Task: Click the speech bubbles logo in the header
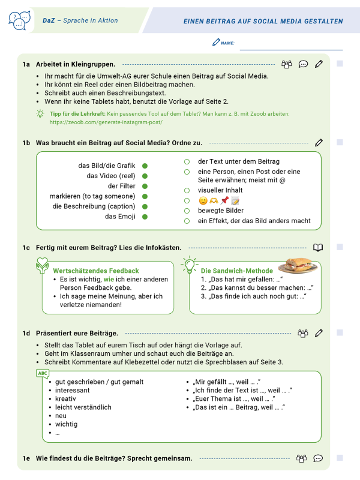tap(19, 20)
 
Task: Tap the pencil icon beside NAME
tap(216, 43)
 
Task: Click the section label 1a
tap(26, 64)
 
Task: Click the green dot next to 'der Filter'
tap(145, 186)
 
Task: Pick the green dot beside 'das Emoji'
tap(145, 217)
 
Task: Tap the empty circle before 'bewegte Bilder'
tap(187, 211)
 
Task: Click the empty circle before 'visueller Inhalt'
tap(187, 190)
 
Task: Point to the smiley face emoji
tap(203, 200)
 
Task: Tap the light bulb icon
tap(190, 264)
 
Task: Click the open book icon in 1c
tap(319, 247)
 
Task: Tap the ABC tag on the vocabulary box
tap(43, 373)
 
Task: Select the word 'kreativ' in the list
tap(66, 398)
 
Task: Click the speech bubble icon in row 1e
tap(319, 458)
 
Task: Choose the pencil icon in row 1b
tap(319, 143)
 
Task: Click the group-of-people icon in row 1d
tap(302, 333)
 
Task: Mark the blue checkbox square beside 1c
tap(340, 247)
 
